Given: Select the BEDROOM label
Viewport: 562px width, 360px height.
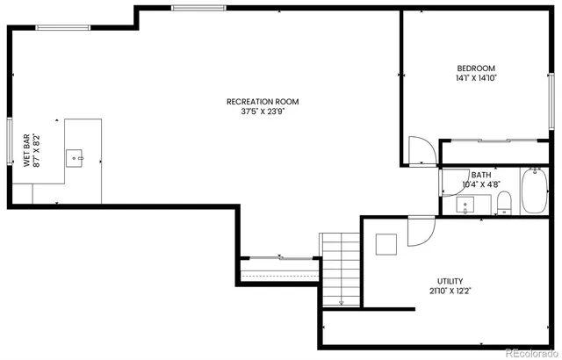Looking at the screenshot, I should click(476, 68).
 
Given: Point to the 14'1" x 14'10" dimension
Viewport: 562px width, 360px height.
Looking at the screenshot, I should click(476, 78).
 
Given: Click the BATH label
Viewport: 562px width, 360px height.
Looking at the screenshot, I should click(480, 175).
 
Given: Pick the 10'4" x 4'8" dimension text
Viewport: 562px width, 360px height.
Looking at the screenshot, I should click(480, 184).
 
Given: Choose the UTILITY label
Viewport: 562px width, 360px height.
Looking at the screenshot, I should click(450, 281).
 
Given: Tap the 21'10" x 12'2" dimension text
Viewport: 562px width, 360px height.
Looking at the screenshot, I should click(450, 291).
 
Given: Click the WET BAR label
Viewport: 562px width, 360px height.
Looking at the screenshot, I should click(27, 150).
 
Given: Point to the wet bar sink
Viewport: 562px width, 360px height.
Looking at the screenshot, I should click(76, 158).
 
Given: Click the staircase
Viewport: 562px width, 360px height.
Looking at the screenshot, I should click(339, 267).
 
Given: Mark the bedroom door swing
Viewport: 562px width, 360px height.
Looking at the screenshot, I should click(421, 150).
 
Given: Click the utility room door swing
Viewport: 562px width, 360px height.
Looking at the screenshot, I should click(420, 231).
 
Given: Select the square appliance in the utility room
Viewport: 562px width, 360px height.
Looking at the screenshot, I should click(386, 243).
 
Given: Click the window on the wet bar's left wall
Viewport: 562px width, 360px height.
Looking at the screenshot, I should click(10, 143).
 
